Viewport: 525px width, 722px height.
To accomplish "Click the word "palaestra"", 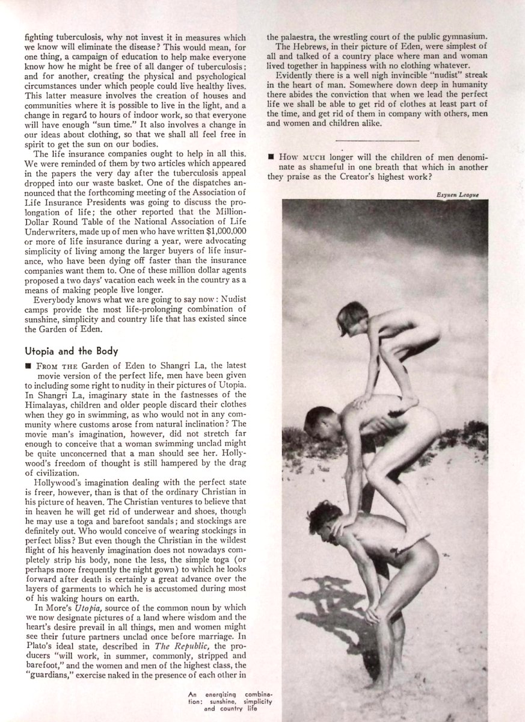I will (299, 37).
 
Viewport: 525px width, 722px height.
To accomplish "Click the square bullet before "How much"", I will (271, 158).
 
